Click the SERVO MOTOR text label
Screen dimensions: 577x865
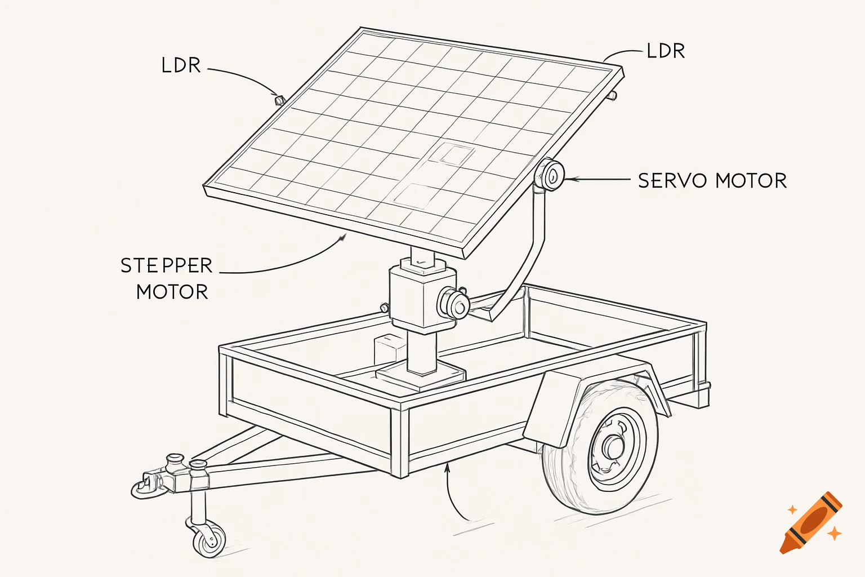tap(712, 181)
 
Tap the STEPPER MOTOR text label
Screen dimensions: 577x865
tap(167, 278)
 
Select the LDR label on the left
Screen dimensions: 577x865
tap(181, 65)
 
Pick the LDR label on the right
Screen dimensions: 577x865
tap(666, 51)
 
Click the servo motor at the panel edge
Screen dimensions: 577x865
tap(549, 175)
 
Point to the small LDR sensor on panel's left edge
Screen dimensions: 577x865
tap(278, 100)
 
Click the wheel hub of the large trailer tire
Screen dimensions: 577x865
tap(612, 446)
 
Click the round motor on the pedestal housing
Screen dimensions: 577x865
tap(453, 303)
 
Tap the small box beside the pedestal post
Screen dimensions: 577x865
tap(389, 348)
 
